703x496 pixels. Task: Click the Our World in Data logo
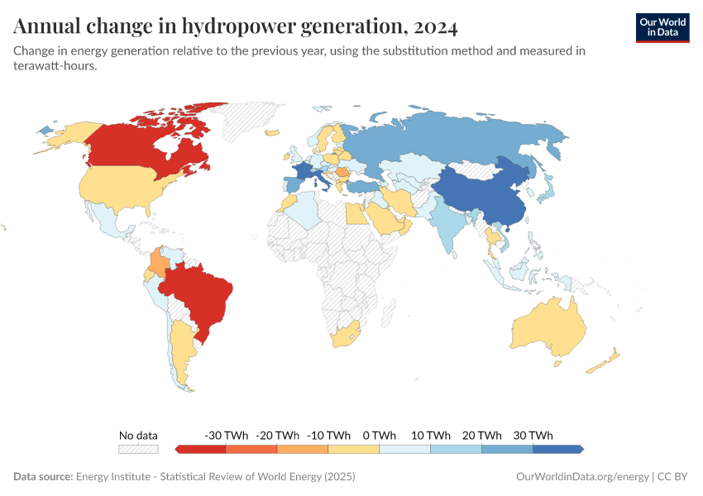662,26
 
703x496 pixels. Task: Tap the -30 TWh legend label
225,435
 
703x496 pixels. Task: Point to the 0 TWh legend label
379,435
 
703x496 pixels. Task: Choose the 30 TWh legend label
533,435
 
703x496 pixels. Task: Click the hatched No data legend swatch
138,449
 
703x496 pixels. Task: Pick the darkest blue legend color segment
557,449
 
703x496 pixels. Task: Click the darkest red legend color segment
201,449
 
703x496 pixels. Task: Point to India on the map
447,223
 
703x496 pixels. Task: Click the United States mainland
124,186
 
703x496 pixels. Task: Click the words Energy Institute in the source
116,477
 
